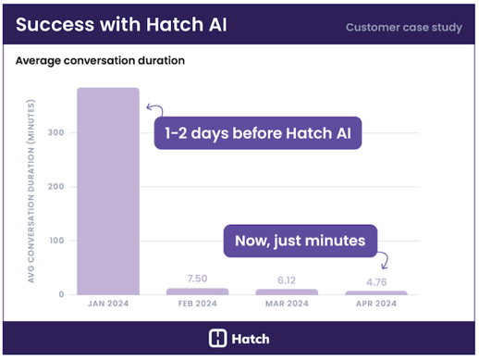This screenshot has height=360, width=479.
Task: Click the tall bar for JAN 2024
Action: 108,191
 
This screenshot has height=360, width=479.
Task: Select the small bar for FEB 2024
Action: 197,292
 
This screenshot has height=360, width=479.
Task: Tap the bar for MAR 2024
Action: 287,292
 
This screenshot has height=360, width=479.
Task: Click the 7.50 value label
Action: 197,279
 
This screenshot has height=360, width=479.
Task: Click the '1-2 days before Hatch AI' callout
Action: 258,133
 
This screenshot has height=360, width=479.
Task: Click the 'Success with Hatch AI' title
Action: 121,26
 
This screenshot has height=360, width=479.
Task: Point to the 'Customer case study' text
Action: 404,27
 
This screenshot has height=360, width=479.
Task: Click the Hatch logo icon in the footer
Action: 218,339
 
